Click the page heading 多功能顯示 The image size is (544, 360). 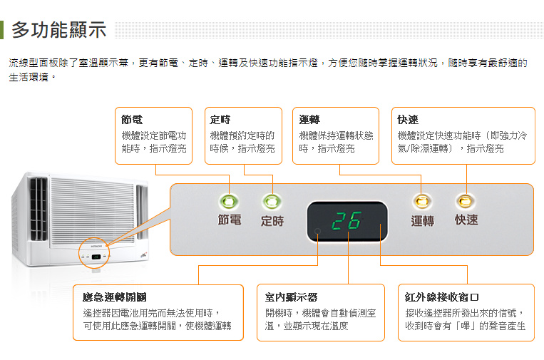(x=58, y=29)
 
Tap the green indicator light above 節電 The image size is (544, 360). (x=229, y=201)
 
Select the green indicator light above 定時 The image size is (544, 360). (x=272, y=201)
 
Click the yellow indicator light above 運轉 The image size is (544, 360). (x=422, y=201)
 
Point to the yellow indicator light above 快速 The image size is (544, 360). (x=466, y=201)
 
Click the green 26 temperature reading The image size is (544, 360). (x=347, y=220)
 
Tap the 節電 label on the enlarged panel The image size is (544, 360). (x=230, y=220)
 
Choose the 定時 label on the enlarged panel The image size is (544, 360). (x=272, y=220)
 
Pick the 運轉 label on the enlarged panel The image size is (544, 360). (x=423, y=220)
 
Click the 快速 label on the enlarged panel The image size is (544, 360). (x=466, y=220)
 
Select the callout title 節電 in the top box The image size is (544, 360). (x=132, y=120)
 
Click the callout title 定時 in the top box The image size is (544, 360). (x=220, y=120)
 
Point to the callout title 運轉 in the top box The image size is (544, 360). (x=309, y=120)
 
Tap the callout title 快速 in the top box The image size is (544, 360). (x=408, y=120)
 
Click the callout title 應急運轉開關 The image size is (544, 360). (x=115, y=297)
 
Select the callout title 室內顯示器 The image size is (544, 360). (x=291, y=297)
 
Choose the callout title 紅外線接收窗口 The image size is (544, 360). (x=441, y=297)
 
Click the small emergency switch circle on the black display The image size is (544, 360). (x=317, y=232)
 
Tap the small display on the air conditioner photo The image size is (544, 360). (x=96, y=257)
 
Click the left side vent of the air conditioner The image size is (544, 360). (x=39, y=209)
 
